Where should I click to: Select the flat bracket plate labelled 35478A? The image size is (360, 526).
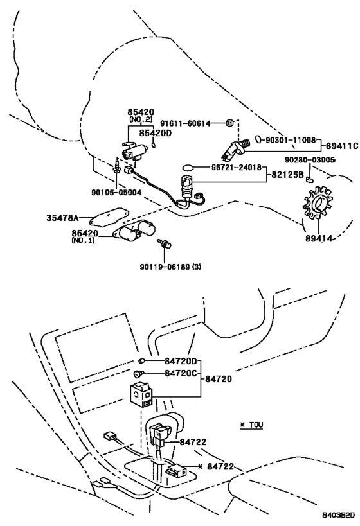[x=106, y=219]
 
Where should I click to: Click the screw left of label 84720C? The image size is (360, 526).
[x=138, y=373]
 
